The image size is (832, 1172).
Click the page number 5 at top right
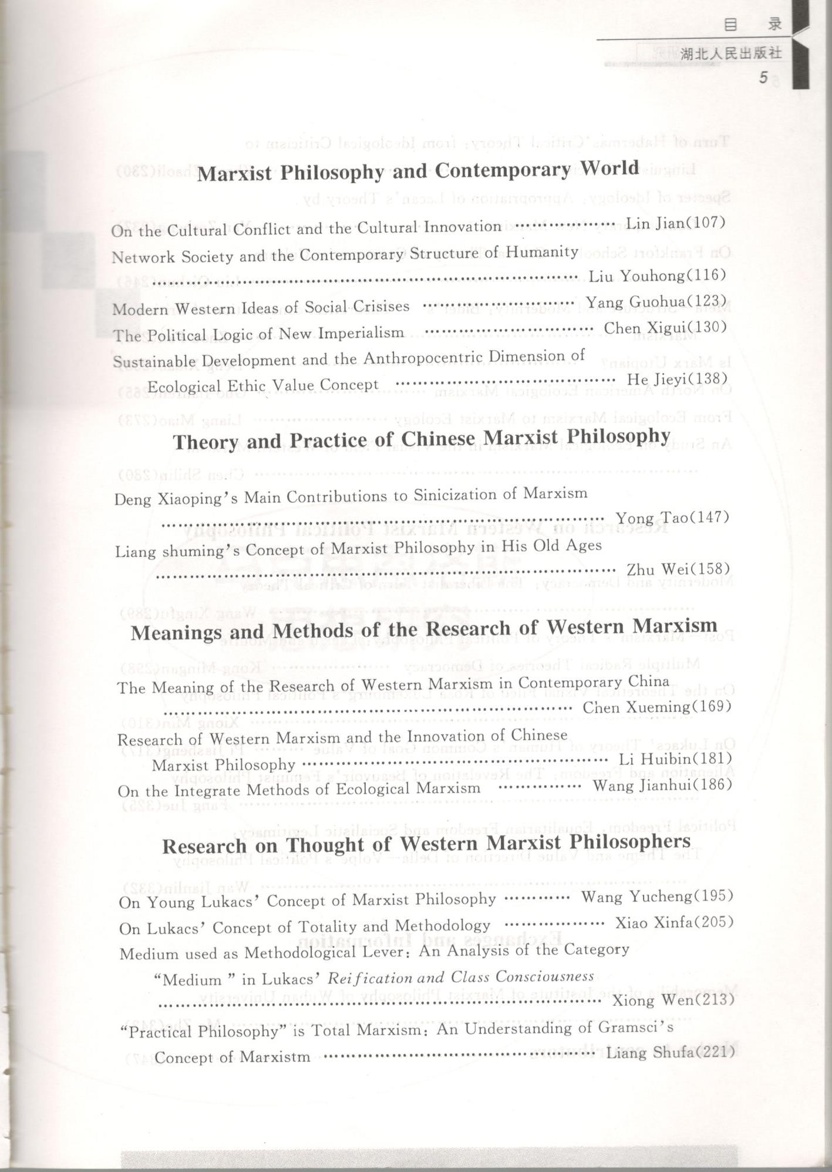point(763,78)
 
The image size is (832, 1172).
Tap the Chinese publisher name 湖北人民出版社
point(731,53)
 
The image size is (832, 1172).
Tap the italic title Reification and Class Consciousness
point(460,977)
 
